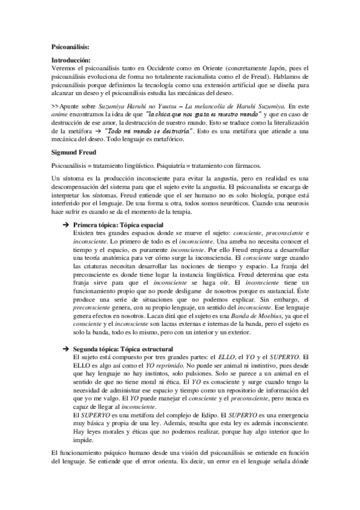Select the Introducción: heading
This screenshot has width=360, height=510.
70,61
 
